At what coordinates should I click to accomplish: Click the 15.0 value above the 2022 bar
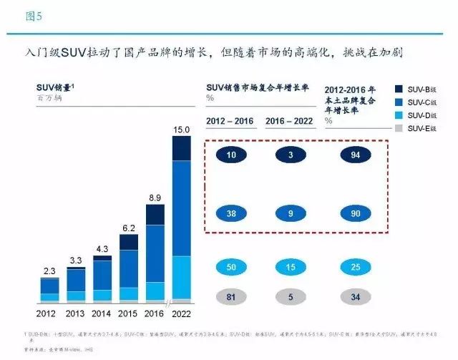pyautogui.click(x=182, y=130)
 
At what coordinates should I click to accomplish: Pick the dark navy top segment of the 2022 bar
pyautogui.click(x=182, y=147)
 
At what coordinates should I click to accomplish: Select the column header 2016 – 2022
pyautogui.click(x=290, y=121)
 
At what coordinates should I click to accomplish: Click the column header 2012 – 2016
pyautogui.click(x=228, y=121)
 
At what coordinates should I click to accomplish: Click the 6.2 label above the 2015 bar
pyautogui.click(x=129, y=227)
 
